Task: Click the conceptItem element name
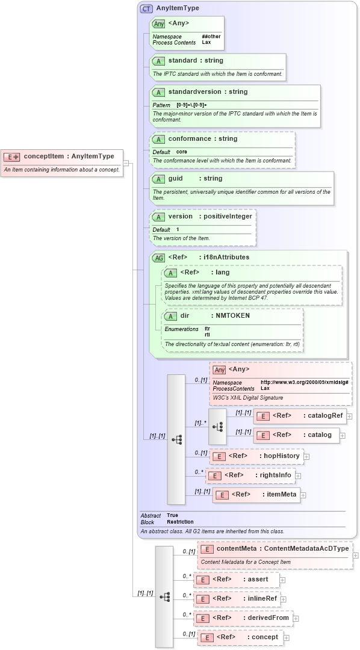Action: [x=43, y=156]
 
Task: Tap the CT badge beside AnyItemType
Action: [x=146, y=8]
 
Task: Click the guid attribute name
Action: [x=176, y=179]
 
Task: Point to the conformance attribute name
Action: [x=190, y=139]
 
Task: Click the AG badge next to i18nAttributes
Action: [x=158, y=258]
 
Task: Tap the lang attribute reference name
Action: [x=222, y=273]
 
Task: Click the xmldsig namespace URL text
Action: [x=305, y=382]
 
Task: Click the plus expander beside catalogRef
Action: [x=349, y=416]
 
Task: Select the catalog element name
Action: [x=319, y=435]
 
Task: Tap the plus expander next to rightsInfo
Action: [x=298, y=476]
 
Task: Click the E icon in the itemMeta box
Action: [x=222, y=495]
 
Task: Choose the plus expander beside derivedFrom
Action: [x=296, y=618]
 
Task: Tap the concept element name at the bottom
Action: [x=265, y=637]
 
